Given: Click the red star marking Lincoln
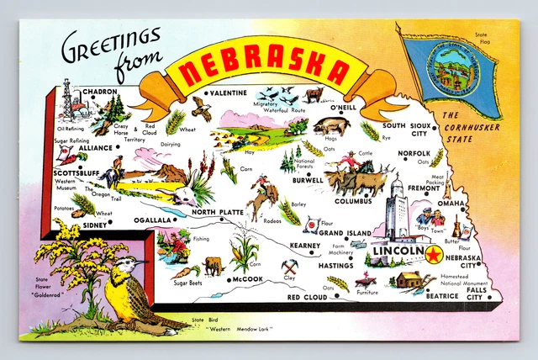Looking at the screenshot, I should click(434, 253).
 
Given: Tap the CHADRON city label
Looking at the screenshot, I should click(100, 91).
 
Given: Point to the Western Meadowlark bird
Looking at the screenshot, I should click(130, 294).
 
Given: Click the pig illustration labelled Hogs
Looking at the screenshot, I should click(330, 126).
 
